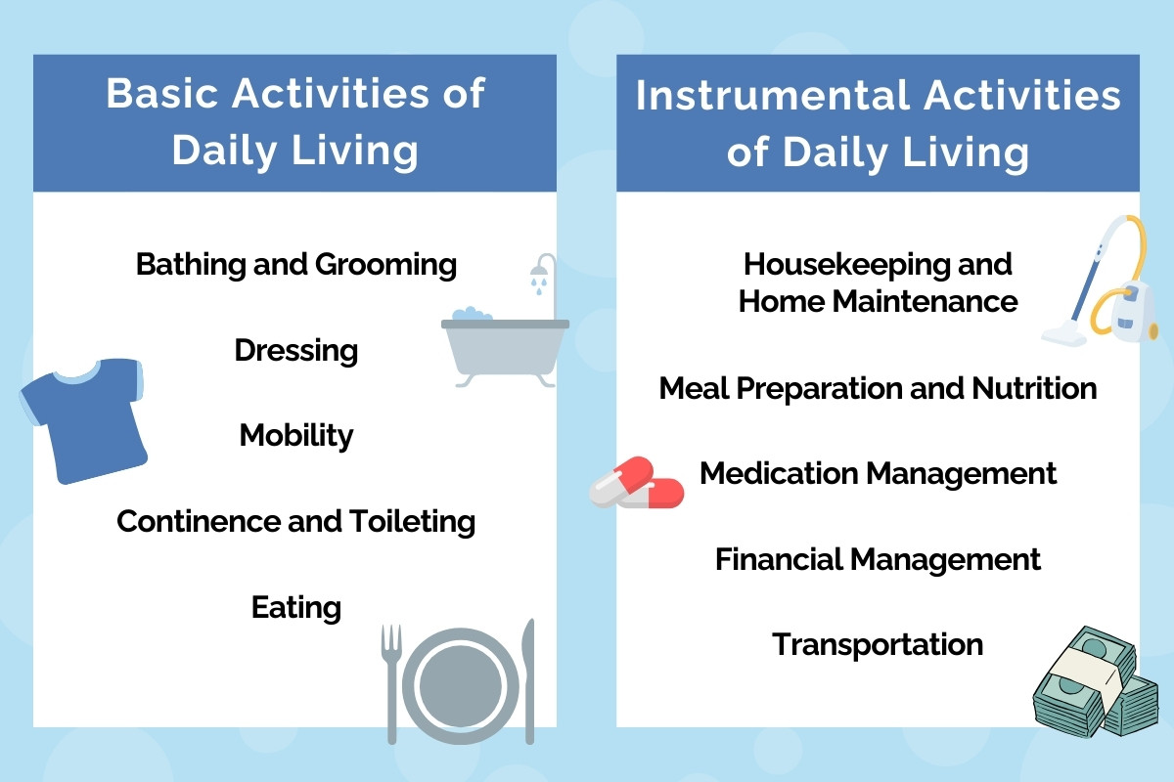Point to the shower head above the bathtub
540,272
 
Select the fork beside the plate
391,682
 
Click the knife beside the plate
529,681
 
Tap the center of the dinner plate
461,685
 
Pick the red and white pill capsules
636,483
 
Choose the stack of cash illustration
1096,681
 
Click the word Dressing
296,350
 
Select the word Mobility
296,435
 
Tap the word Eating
296,608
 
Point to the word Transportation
878,644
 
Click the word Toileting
413,522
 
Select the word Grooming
385,265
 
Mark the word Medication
780,473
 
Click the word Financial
780,559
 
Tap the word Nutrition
1034,388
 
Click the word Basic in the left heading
162,93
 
